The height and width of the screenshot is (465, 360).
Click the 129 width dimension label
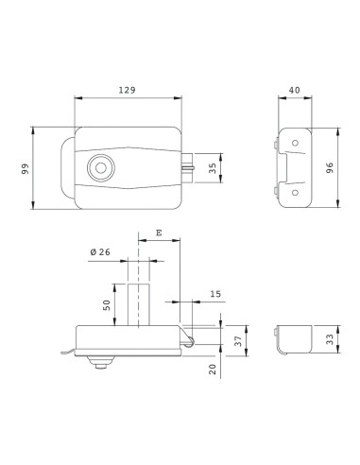coord(127,90)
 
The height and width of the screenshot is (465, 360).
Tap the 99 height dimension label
coord(26,168)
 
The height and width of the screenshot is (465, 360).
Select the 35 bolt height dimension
coord(213,168)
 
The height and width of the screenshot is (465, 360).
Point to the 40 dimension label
coord(295,90)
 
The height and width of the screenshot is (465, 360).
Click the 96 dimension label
coord(330,168)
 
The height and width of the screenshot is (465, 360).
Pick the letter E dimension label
coord(159,232)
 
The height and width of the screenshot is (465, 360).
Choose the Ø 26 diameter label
coord(100,252)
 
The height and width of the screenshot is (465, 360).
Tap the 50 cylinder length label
coord(107,305)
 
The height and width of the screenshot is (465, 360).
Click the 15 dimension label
coord(215,294)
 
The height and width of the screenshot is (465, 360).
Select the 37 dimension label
coord(238,340)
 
